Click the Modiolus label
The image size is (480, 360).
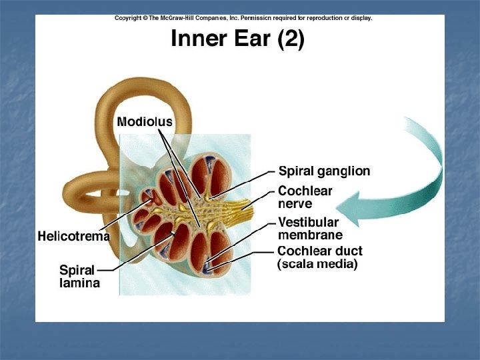click(x=144, y=122)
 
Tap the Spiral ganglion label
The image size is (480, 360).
click(x=324, y=171)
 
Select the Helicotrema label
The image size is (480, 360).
click(x=73, y=236)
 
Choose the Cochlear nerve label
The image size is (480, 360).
click(x=305, y=197)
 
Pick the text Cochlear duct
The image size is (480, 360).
click(x=320, y=251)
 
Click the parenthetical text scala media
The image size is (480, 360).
click(x=317, y=265)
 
